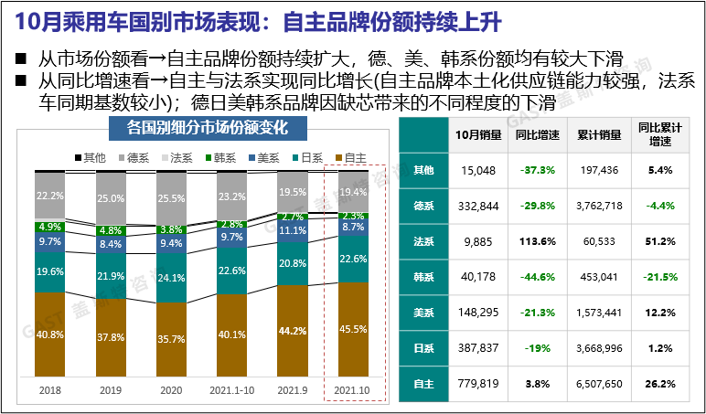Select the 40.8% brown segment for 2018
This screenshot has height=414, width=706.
pyautogui.click(x=50, y=334)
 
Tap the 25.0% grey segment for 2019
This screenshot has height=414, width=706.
pyautogui.click(x=111, y=198)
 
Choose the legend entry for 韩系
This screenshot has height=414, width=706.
pyautogui.click(x=226, y=158)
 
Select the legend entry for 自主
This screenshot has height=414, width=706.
pyautogui.click(x=352, y=158)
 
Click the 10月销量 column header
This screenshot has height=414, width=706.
pyautogui.click(x=478, y=135)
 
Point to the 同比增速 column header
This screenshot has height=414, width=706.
pyautogui.click(x=538, y=135)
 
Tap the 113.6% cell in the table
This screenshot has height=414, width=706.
pyautogui.click(x=538, y=241)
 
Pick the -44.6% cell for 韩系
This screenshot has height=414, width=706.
pyautogui.click(x=538, y=277)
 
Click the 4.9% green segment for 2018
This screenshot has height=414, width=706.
pyautogui.click(x=50, y=227)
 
